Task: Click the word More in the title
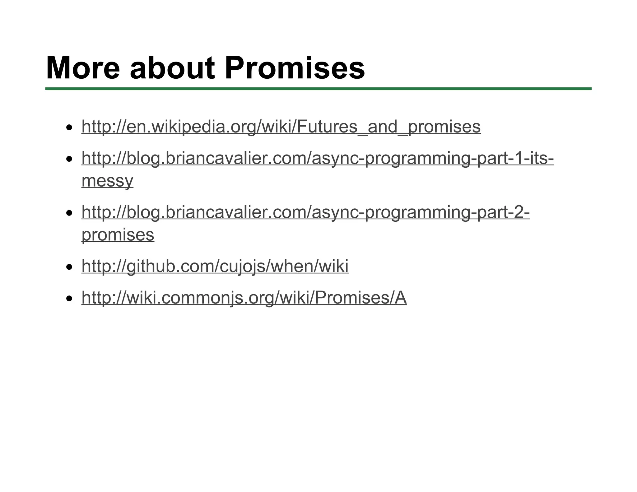pos(82,68)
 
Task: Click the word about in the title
pos(172,68)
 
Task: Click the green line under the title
pos(318,89)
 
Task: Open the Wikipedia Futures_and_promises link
pos(281,127)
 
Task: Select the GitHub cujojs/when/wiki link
pos(215,266)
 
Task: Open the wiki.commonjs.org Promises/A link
pos(244,298)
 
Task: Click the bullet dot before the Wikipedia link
pos(69,128)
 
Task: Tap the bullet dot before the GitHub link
pos(69,267)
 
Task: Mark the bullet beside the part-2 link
pos(69,213)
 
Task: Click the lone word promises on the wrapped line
pos(118,234)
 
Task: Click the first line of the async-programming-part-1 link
pos(318,158)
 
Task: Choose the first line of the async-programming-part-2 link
pos(305,212)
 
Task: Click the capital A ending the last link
pos(400,298)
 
